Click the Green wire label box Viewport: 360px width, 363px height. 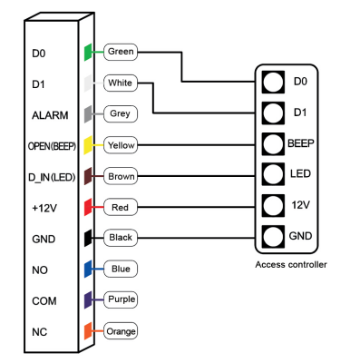[x=121, y=52]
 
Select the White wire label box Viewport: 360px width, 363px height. [x=121, y=83]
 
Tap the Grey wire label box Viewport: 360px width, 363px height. [x=121, y=113]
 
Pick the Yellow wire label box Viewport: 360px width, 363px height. [x=121, y=145]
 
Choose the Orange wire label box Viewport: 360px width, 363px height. [x=121, y=331]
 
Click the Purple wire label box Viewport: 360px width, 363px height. [x=121, y=299]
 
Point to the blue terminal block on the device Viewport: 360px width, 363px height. [x=88, y=269]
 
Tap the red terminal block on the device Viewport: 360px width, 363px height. [x=88, y=207]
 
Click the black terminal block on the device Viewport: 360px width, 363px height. [x=88, y=238]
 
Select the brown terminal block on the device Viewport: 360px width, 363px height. [x=88, y=176]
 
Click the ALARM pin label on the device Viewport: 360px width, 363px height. [x=50, y=115]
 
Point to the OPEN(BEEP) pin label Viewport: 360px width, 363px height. [x=52, y=146]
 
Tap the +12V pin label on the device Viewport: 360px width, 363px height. [x=44, y=208]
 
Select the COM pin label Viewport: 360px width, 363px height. [x=44, y=301]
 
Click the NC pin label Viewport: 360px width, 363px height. [x=40, y=332]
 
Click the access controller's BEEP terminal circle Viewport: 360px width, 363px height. [x=273, y=144]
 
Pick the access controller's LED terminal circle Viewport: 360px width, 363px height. [x=273, y=174]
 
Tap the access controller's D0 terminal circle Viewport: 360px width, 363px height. [x=273, y=82]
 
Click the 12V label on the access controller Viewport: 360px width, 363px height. [x=300, y=205]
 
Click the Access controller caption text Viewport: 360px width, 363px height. [x=291, y=265]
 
